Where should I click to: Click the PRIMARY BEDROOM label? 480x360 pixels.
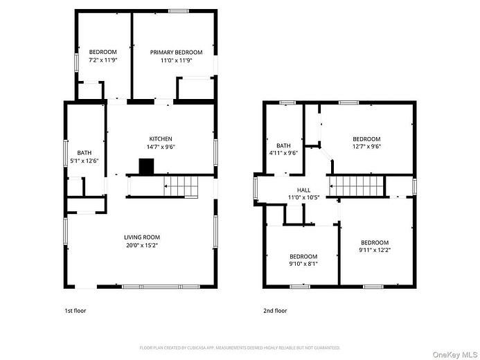(176, 53)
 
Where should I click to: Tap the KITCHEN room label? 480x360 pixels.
(161, 139)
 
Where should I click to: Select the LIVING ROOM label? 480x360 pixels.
(142, 237)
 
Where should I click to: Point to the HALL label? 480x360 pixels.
(303, 190)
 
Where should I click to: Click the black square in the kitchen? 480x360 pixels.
(146, 166)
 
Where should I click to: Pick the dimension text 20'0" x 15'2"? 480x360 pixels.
(142, 245)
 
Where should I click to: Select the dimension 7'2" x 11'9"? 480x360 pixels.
(103, 60)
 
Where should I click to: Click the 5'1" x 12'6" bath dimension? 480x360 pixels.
(85, 161)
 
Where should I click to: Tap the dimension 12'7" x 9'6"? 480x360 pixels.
(366, 147)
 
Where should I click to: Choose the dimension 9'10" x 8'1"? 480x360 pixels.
(303, 264)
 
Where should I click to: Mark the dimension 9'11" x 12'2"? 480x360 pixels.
(375, 250)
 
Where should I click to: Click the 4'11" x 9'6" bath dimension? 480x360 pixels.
(283, 153)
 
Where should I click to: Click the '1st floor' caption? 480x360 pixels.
(75, 311)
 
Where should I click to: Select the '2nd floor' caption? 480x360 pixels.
(275, 311)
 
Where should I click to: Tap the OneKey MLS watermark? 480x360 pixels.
(455, 354)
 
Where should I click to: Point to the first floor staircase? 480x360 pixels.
(181, 186)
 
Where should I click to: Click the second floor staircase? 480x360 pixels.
(356, 186)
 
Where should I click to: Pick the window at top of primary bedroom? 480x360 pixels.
(179, 11)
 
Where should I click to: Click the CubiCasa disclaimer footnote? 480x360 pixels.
(240, 348)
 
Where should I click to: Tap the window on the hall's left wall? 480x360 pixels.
(256, 188)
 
